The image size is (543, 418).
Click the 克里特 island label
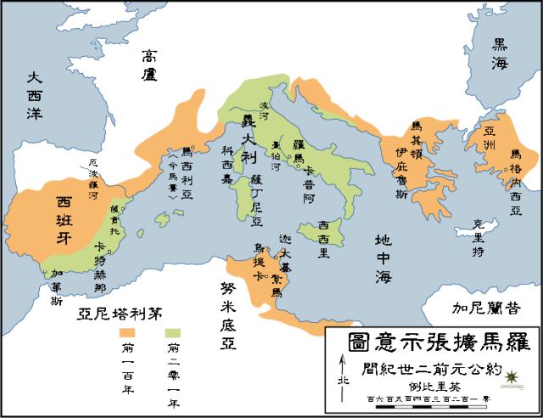tap(480, 233)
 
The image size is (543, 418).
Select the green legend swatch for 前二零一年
tap(174, 330)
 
